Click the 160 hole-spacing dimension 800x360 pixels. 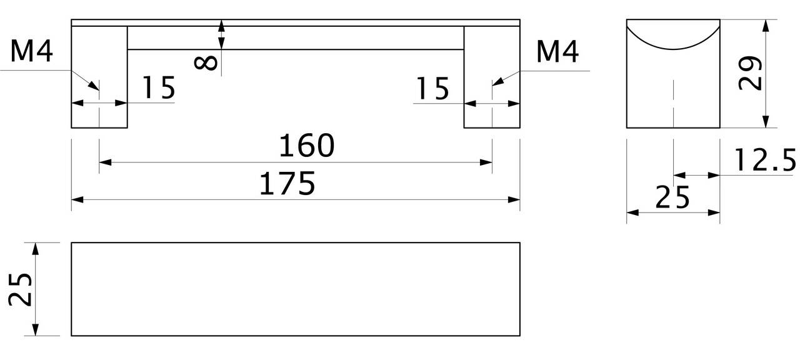(x=306, y=146)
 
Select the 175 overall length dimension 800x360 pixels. (x=287, y=184)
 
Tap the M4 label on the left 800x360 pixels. (x=32, y=51)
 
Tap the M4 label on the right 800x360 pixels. (x=557, y=52)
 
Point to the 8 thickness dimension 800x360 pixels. (x=206, y=63)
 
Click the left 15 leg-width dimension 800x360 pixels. (x=159, y=87)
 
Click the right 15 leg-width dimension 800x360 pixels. (x=432, y=88)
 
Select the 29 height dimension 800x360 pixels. (x=749, y=73)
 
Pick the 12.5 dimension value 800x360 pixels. (x=765, y=160)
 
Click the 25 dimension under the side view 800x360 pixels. (x=672, y=197)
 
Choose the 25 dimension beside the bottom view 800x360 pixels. (x=21, y=289)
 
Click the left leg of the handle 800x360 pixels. (x=99, y=77)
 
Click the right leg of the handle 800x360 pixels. (x=492, y=77)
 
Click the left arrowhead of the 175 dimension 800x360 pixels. (x=77, y=199)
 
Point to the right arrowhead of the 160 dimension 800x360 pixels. (x=486, y=162)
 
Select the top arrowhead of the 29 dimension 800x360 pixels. (x=766, y=26)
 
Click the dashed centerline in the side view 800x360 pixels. (x=673, y=104)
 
